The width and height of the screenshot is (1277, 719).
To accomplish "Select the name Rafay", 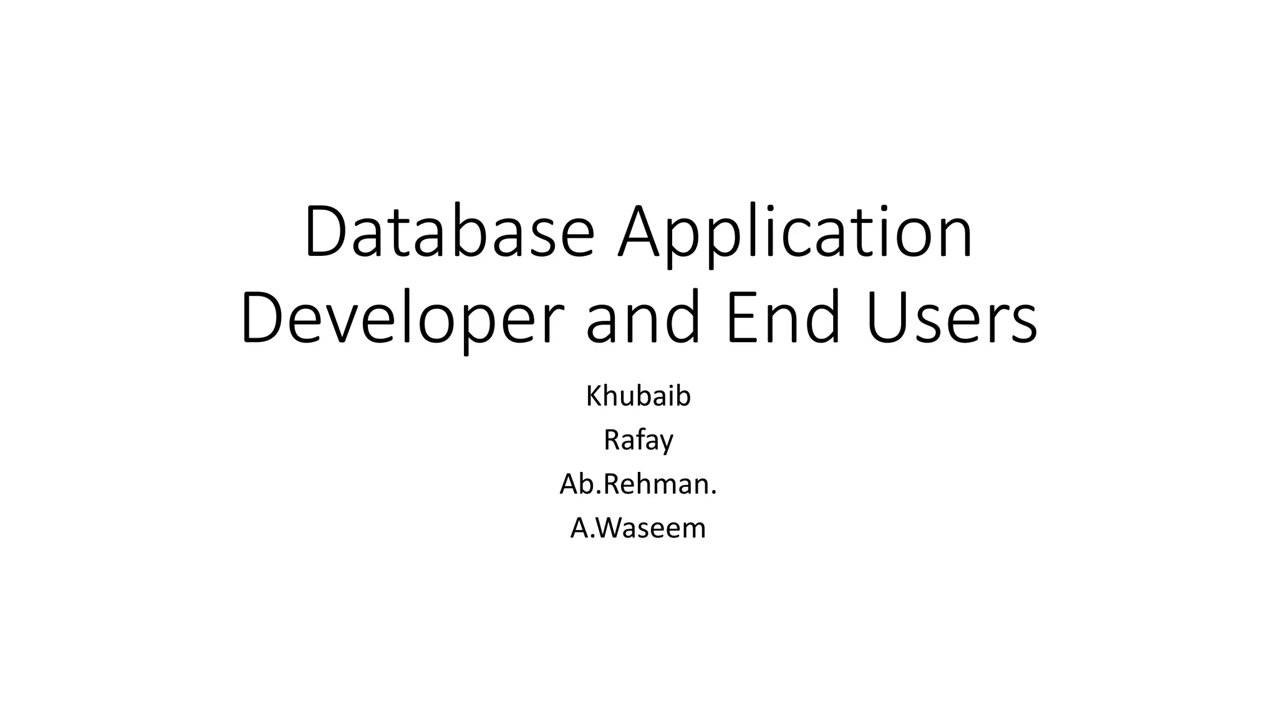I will [638, 441].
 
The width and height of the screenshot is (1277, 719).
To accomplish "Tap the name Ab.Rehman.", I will [638, 484].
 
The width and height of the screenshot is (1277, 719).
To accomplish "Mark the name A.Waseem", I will [638, 528].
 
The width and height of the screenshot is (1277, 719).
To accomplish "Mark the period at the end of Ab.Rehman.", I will [714, 493].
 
